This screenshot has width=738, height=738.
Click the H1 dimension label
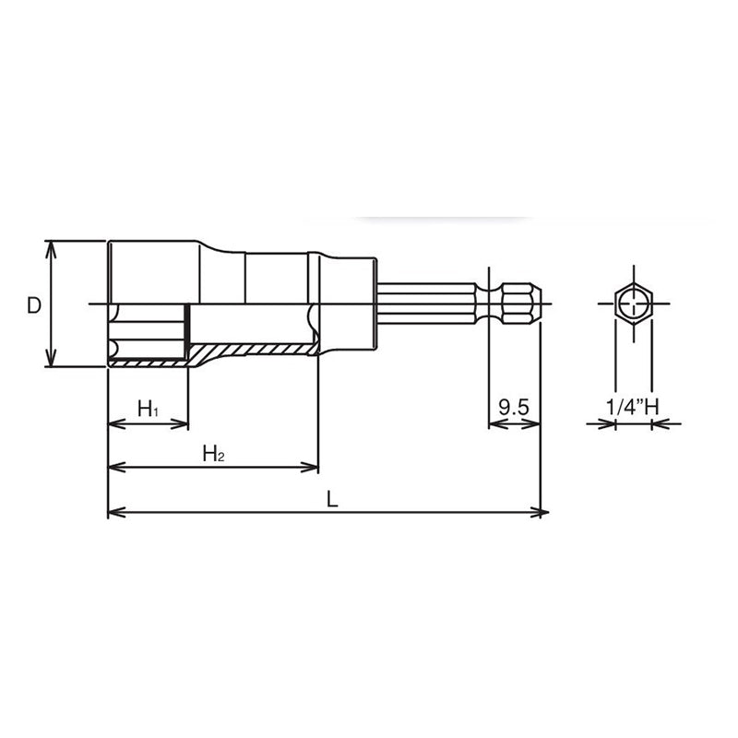pos(148,408)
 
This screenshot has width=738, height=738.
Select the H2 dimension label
pos(213,453)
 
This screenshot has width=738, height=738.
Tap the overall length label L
pos(332,499)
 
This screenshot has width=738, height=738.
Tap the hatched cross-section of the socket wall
pos(249,351)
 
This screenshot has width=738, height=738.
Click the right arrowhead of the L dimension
pos(542,512)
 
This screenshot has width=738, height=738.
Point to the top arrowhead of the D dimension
pos(53,247)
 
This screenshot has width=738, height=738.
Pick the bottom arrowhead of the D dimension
pos(53,361)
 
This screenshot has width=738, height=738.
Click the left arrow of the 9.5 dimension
pos(493,424)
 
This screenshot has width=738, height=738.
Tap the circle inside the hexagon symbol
pos(633,303)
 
